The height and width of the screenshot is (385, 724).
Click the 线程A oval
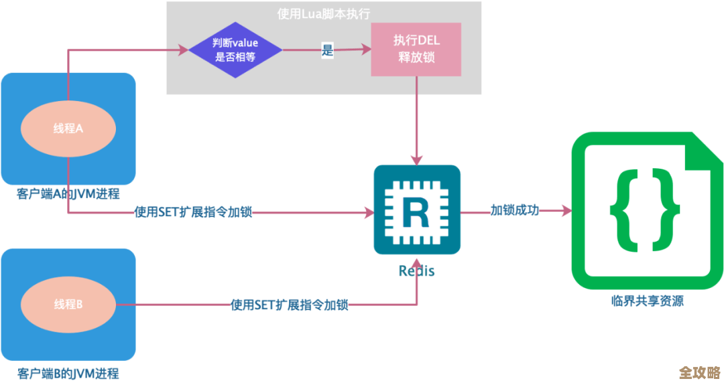[x=68, y=129]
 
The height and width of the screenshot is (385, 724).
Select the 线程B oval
[x=68, y=305]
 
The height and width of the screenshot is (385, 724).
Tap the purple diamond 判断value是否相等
[x=235, y=50]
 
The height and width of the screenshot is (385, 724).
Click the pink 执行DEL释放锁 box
[x=416, y=50]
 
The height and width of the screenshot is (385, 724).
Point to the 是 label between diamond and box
[x=327, y=50]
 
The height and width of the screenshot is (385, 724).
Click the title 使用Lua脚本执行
[x=323, y=13]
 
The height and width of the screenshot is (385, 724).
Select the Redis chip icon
[x=417, y=210]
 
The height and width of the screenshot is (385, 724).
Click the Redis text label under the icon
[x=416, y=271]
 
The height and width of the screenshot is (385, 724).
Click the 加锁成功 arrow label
[x=514, y=210]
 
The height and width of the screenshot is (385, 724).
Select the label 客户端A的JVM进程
[x=68, y=194]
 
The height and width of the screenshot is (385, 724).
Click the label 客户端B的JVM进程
[x=68, y=373]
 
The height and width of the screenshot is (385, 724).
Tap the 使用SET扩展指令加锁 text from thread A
[x=194, y=212]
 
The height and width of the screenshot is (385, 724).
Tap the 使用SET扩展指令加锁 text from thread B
[x=289, y=305]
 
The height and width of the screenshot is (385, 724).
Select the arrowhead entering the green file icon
[x=566, y=211]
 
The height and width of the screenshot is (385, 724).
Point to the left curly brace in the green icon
[x=626, y=210]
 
